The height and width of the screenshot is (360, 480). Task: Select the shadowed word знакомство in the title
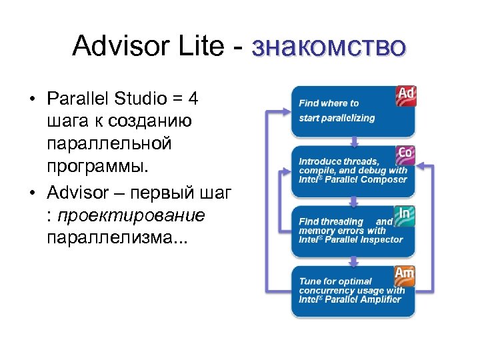point(329,49)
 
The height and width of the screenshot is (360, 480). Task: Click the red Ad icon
point(406,95)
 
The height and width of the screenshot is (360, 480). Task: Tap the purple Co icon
point(405,154)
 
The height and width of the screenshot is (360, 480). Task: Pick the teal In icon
point(405,214)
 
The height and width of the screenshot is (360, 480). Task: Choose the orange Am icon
point(405,273)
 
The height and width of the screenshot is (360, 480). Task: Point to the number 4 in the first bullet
point(193,100)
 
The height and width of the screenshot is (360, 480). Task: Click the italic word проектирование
point(131,216)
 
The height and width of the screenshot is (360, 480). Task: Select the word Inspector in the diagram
point(379,239)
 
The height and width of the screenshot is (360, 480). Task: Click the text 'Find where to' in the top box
point(329,103)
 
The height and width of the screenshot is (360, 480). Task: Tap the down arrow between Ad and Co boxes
point(352,142)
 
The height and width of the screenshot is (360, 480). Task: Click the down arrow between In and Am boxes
point(352,262)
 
